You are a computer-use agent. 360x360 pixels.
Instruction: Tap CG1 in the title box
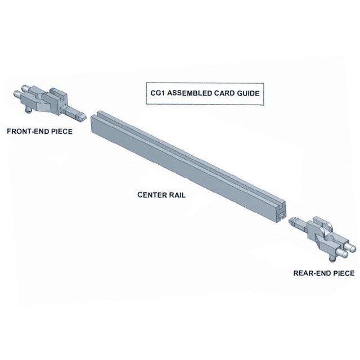[x=157, y=93]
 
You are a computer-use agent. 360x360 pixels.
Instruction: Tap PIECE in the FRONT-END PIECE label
[x=62, y=131]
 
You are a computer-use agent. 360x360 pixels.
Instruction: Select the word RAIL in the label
[x=177, y=195]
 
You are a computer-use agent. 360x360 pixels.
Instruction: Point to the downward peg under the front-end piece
[x=29, y=111]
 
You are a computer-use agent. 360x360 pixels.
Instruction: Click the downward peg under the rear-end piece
[x=332, y=259]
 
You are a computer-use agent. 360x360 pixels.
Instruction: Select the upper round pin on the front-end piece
[x=24, y=88]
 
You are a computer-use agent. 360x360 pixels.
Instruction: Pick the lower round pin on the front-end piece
[x=17, y=94]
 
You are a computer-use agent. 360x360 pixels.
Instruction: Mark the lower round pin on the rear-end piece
[x=344, y=254]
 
